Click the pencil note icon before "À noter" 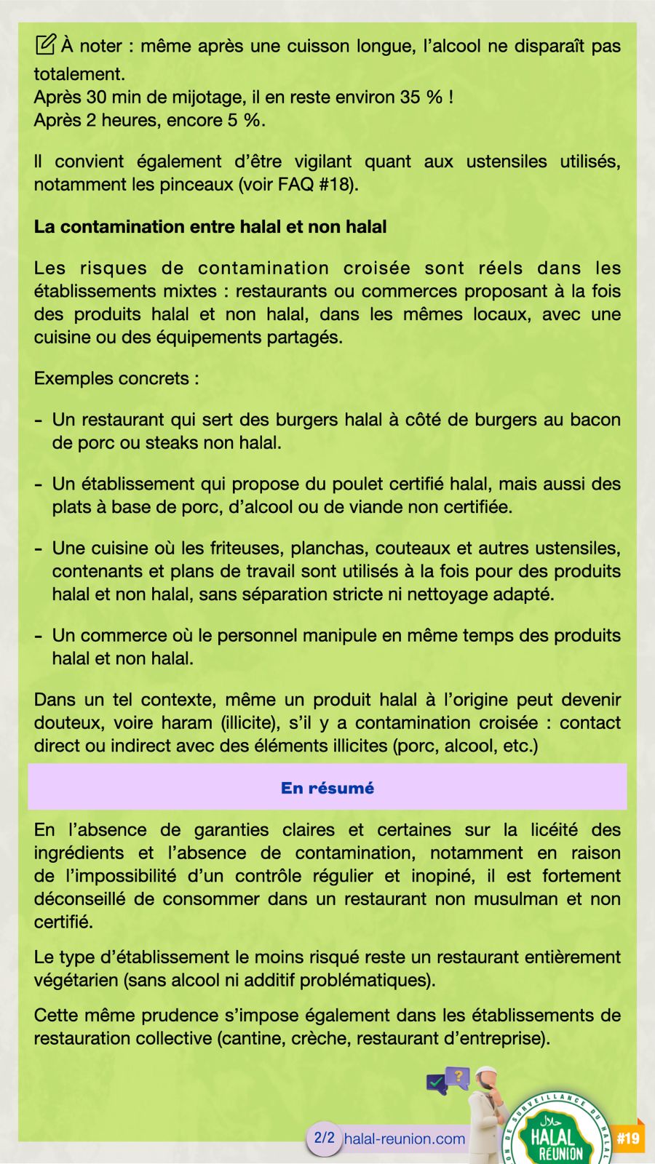pos(44,45)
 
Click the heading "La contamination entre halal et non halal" pos(210,226)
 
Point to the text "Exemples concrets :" pos(116,378)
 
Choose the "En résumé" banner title pos(327,788)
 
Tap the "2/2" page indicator pos(324,1138)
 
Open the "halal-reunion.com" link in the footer pos(405,1139)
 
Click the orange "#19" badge pos(627,1138)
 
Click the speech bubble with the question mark pos(457,1076)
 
